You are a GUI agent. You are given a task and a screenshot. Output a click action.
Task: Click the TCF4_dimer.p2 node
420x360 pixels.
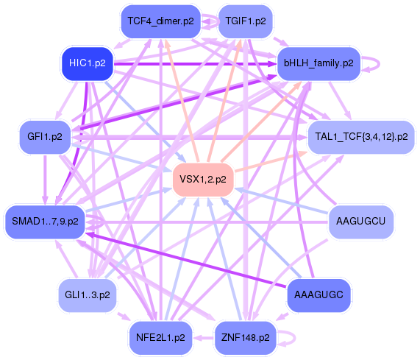point(160,21)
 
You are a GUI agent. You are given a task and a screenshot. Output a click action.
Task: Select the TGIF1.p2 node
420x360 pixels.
point(246,21)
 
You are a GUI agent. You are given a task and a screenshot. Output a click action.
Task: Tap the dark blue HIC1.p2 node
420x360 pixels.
point(87,63)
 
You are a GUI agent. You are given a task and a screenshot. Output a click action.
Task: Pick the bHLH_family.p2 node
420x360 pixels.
point(318,63)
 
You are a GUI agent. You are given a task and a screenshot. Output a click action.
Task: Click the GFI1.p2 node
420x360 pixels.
point(44,137)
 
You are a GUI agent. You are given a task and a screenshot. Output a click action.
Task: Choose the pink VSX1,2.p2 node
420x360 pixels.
point(203,179)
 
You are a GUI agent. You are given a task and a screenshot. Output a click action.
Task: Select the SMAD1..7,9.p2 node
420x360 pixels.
point(44,221)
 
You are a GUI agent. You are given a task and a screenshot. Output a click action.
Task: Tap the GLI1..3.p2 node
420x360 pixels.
point(87,294)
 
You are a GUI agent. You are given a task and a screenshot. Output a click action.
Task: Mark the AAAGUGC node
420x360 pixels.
point(318,294)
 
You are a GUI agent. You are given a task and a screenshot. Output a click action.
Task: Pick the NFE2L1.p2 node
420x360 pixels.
point(160,338)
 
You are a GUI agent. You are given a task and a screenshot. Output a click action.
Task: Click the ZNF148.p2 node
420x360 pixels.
point(246,338)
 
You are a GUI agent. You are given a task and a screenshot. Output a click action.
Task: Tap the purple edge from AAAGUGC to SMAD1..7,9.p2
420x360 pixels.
point(184,258)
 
